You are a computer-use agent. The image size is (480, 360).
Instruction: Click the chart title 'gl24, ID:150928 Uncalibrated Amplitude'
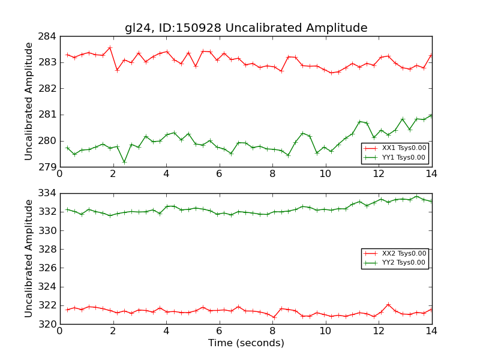(x=246, y=28)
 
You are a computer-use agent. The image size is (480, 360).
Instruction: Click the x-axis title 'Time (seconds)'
(x=246, y=343)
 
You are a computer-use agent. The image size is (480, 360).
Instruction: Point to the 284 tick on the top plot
(x=48, y=36)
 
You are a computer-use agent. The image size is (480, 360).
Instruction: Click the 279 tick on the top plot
(x=48, y=167)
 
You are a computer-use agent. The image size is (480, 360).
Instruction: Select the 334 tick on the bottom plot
(x=48, y=193)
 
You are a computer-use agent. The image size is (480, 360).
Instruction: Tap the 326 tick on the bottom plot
(x=48, y=268)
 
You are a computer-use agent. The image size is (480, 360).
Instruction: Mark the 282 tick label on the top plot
(x=48, y=88)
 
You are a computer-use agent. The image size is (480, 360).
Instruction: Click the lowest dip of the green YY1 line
(x=124, y=161)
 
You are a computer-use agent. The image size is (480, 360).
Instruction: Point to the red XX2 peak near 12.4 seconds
(x=388, y=304)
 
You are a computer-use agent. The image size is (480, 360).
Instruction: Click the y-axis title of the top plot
(x=29, y=101)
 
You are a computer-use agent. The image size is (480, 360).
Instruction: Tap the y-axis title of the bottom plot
(x=29, y=259)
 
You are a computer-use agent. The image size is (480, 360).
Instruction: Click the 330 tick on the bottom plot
(x=48, y=230)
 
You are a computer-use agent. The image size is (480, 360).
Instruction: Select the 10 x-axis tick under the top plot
(x=325, y=174)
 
